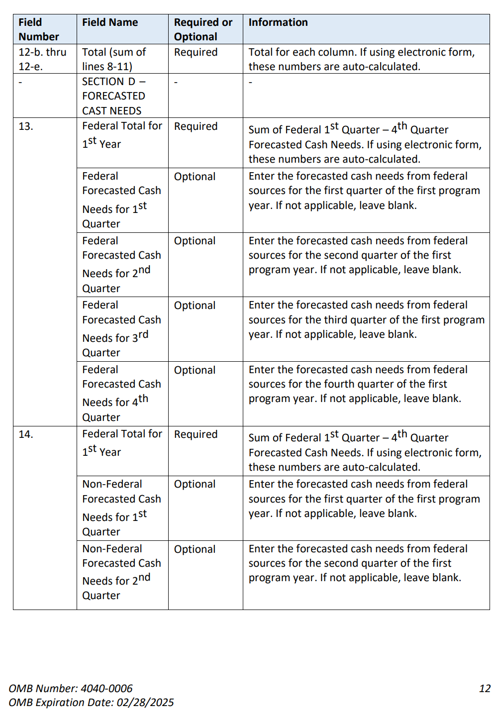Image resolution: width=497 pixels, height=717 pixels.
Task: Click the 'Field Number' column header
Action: pos(38,29)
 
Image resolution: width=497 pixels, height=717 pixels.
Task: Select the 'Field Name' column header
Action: pos(110,22)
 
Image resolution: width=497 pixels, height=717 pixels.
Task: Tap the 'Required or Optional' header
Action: pos(203,29)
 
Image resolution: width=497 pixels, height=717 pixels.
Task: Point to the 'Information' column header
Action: pos(278,22)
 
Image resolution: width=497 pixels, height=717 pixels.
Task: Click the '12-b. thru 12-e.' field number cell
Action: pos(42,59)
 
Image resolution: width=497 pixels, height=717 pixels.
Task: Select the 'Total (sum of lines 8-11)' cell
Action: pos(114,59)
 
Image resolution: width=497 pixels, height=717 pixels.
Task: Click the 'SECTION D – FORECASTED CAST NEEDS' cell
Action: pos(114,96)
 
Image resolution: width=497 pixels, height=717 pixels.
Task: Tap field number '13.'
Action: pos(26,126)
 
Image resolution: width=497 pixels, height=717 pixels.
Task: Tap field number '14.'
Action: pos(26,434)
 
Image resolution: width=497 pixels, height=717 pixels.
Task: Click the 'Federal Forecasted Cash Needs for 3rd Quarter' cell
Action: pos(121,329)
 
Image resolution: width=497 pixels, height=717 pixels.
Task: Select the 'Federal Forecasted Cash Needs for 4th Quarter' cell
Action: pos(121,393)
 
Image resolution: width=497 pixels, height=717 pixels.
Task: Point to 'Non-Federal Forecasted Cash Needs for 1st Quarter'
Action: pos(121,508)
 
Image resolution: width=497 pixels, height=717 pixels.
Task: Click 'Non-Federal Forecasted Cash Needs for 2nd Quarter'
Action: pos(121,572)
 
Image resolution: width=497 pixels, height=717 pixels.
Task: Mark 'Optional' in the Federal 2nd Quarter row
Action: pos(195,241)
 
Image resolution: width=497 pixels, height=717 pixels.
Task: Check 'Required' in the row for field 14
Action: pos(196,434)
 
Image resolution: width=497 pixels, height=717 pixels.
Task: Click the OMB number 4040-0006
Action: pos(106,689)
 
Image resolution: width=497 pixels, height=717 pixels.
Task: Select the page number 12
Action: pos(485,689)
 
